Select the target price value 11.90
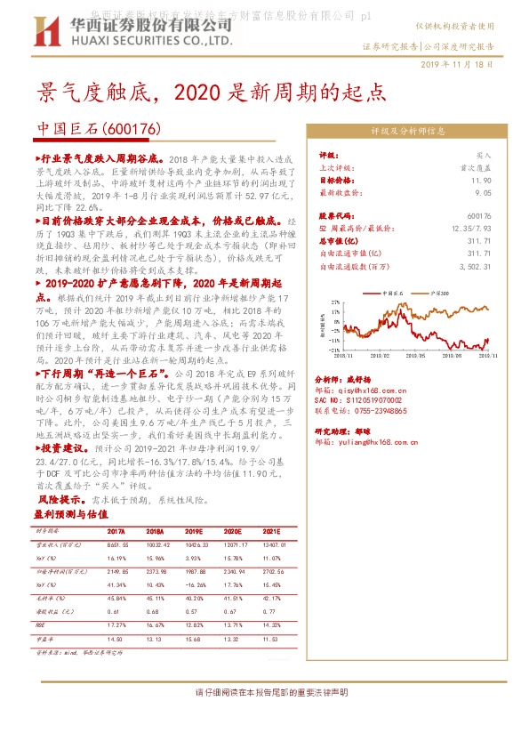tap(480, 180)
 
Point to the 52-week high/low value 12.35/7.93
tap(473, 228)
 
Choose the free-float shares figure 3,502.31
tap(475, 265)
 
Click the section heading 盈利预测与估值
tap(70, 514)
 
